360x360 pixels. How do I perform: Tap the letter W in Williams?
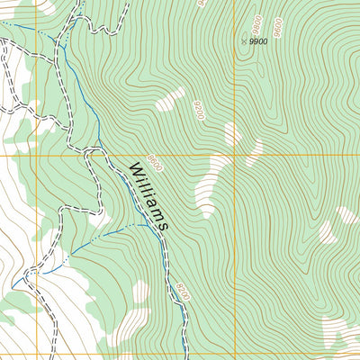(135, 170)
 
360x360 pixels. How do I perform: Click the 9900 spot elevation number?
(259, 41)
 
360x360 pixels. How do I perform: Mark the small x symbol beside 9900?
(244, 40)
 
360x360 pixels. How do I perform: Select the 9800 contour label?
(256, 22)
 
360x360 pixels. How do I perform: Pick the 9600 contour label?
(278, 27)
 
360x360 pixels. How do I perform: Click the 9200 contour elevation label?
(197, 111)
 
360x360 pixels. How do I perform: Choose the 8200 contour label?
(184, 292)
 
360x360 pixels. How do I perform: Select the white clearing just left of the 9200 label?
(170, 99)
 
